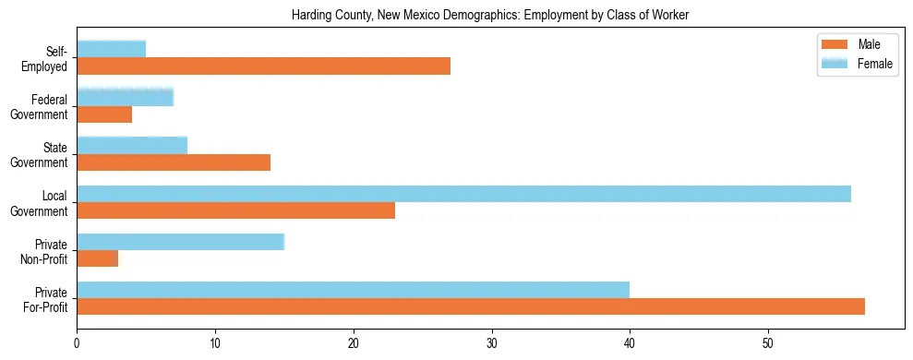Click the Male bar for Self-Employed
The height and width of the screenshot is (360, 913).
(263, 66)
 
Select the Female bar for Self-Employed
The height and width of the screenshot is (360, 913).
(111, 49)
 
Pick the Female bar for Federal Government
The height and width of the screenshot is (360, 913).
(125, 97)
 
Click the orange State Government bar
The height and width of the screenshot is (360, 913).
(174, 162)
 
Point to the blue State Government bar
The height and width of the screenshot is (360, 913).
(132, 145)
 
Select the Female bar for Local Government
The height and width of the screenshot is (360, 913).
(463, 194)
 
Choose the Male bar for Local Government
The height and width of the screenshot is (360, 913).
(235, 210)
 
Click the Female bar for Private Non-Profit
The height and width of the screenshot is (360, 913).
(180, 242)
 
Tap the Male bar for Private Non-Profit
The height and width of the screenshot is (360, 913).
(97, 258)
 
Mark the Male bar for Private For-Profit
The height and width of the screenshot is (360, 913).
(471, 306)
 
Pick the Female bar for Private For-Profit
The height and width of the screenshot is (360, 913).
(353, 290)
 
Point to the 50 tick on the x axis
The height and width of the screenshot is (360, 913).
(768, 331)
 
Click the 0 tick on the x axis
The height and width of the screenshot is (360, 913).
(77, 331)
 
